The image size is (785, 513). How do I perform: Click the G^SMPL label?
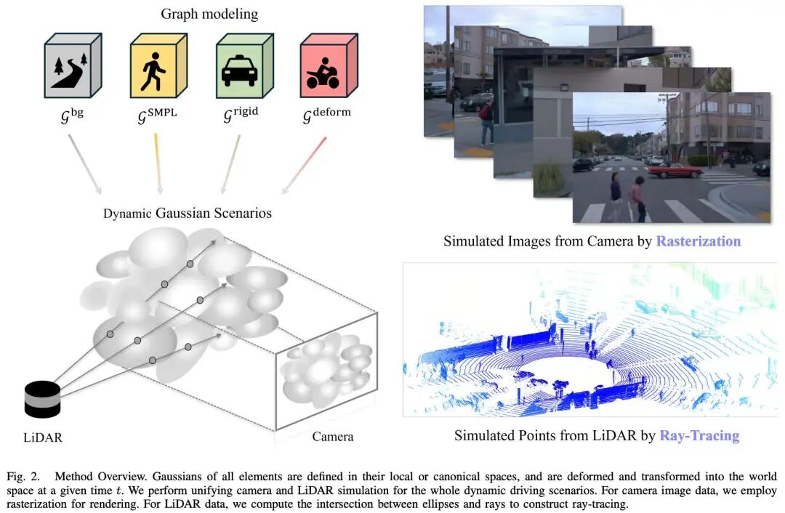coord(156,116)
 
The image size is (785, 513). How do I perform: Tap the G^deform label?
coord(324,116)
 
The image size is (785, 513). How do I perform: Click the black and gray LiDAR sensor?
coord(42,399)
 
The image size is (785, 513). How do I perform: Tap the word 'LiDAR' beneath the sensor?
coord(42,437)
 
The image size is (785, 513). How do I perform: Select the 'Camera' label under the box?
coord(333,436)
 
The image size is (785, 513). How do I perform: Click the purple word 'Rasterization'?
coord(698,241)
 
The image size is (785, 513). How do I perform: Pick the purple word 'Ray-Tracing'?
coord(699,435)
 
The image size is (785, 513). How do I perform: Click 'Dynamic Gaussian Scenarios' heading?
coord(188,213)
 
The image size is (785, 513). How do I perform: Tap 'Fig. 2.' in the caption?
coord(25,477)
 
